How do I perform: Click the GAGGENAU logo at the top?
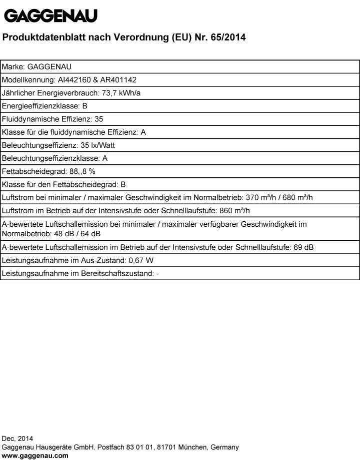pos(50,16)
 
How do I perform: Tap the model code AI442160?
pos(75,79)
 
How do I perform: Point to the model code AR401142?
pos(118,79)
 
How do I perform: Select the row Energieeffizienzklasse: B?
pos(45,106)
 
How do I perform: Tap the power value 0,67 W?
pos(141,260)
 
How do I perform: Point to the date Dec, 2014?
pos(17,439)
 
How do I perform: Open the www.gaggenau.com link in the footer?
pos(35,456)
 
